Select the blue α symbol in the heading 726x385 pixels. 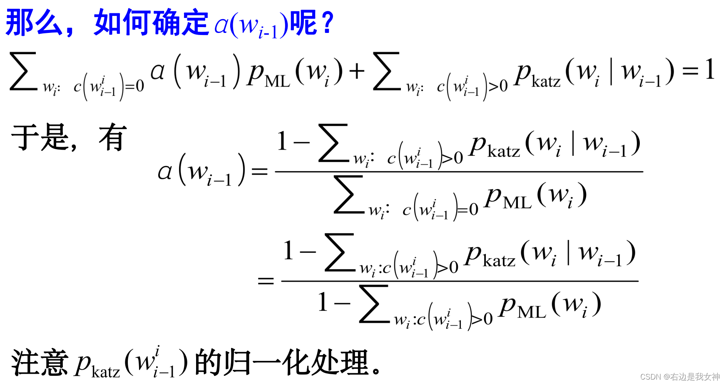click(221, 25)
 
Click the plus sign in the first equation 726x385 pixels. click(357, 71)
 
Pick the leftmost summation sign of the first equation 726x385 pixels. click(23, 71)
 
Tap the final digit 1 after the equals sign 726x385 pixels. click(710, 70)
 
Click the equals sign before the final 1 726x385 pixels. click(690, 71)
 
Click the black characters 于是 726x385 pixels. click(40, 137)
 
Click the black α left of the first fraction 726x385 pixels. click(165, 171)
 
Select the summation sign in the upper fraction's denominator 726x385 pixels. click(349, 195)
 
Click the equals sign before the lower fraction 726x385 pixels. click(266, 281)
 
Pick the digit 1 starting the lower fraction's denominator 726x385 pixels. click(323, 302)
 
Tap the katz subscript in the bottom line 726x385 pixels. click(106, 371)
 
